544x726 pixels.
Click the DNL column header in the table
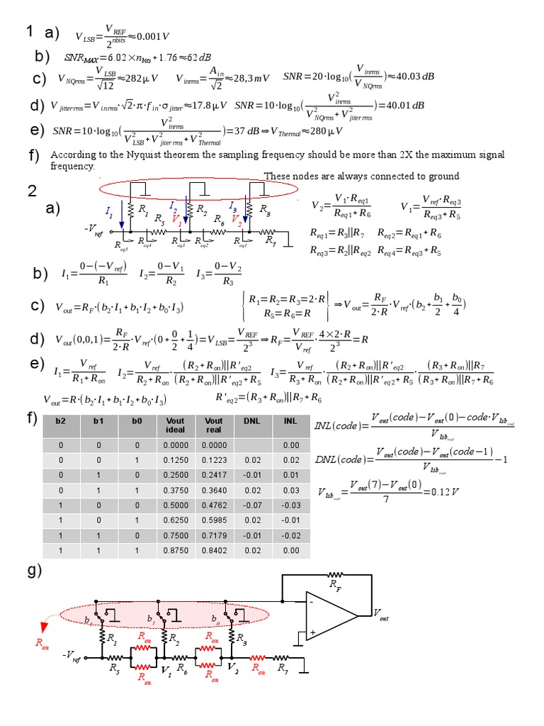(251, 421)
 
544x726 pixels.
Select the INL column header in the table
(290, 421)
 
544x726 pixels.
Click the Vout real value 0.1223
(213, 459)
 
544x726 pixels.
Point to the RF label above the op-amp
(333, 585)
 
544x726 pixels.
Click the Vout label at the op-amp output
(380, 615)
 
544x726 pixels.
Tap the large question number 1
(30, 30)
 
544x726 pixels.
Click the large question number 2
(31, 190)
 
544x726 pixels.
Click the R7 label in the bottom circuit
(282, 667)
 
